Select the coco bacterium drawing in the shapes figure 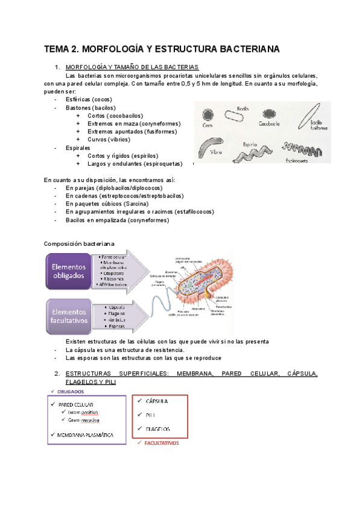208,115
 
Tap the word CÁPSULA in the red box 156,401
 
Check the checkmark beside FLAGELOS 139,428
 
